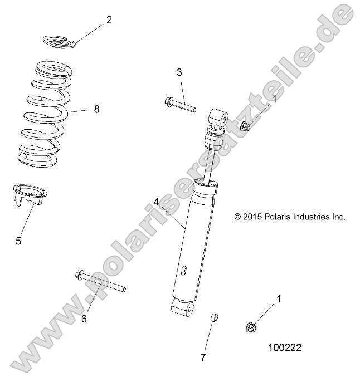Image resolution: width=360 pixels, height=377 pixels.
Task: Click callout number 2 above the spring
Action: [x=109, y=20]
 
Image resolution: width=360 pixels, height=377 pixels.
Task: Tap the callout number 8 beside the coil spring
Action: [x=96, y=109]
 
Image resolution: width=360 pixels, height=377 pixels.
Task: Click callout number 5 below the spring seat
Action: [x=18, y=241]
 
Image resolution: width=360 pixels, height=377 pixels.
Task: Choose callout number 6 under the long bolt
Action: [x=84, y=319]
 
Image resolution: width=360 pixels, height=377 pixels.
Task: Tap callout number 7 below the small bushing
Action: [x=203, y=357]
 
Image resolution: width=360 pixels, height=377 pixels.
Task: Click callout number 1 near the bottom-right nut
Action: [x=279, y=299]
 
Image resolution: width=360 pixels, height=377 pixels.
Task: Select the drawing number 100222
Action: [x=285, y=347]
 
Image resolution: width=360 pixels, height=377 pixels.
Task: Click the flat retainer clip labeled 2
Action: [x=59, y=41]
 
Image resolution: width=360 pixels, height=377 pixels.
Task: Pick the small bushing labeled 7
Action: [x=213, y=318]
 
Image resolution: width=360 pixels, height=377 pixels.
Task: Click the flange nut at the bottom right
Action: [x=251, y=326]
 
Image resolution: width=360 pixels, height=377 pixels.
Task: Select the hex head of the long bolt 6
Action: [x=79, y=275]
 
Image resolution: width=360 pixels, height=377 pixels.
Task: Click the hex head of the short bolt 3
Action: [x=169, y=102]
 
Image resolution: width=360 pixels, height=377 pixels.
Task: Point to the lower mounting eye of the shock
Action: [x=182, y=307]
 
